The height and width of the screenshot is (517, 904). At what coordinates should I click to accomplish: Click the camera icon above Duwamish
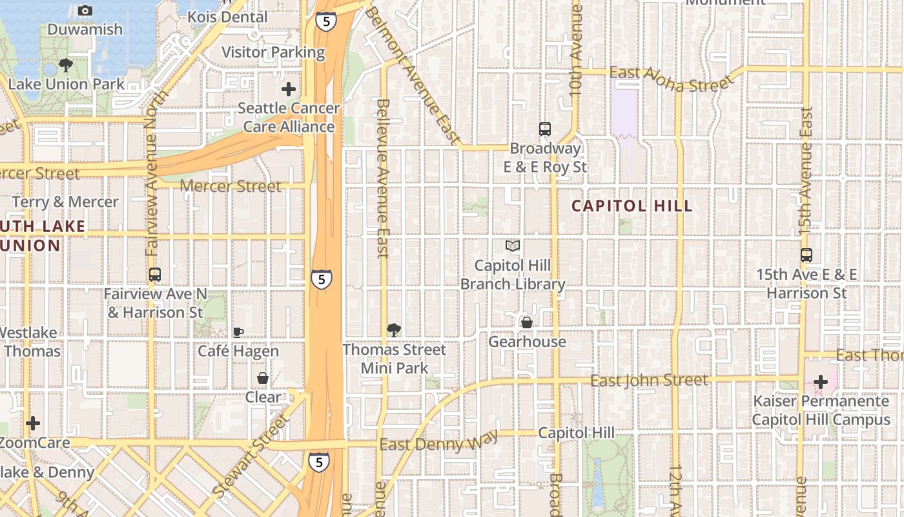pyautogui.click(x=85, y=10)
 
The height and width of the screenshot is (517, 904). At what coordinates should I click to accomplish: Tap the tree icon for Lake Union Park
pyautogui.click(x=65, y=65)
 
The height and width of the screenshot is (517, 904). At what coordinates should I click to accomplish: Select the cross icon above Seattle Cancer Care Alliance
pyautogui.click(x=289, y=89)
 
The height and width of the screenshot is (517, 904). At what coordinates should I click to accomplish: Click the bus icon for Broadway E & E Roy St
pyautogui.click(x=545, y=129)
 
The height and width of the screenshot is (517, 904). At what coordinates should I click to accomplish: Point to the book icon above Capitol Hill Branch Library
pyautogui.click(x=513, y=246)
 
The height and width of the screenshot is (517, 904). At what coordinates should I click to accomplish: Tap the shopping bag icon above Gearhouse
pyautogui.click(x=527, y=322)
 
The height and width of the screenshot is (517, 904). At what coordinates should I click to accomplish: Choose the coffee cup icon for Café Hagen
pyautogui.click(x=238, y=332)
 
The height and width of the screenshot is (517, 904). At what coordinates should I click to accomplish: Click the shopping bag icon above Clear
pyautogui.click(x=263, y=378)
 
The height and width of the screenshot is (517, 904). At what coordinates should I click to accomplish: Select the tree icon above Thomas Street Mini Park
pyautogui.click(x=394, y=330)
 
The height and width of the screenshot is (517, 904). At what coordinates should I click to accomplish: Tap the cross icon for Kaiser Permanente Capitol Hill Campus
pyautogui.click(x=821, y=382)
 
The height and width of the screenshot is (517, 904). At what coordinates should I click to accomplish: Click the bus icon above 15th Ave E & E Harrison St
pyautogui.click(x=806, y=255)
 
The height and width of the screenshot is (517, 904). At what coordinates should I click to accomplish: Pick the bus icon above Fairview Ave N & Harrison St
pyautogui.click(x=155, y=275)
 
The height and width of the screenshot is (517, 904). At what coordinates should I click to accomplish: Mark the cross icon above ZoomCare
pyautogui.click(x=33, y=424)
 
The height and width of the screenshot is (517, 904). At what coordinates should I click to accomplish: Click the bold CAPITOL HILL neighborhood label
pyautogui.click(x=632, y=206)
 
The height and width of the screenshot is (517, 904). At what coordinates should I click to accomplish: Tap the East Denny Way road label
pyautogui.click(x=438, y=443)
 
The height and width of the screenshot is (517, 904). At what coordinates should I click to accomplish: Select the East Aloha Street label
pyautogui.click(x=672, y=79)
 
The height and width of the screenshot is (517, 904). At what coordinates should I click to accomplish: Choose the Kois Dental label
pyautogui.click(x=227, y=17)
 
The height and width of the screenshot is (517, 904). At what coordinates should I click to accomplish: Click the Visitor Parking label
pyautogui.click(x=273, y=52)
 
